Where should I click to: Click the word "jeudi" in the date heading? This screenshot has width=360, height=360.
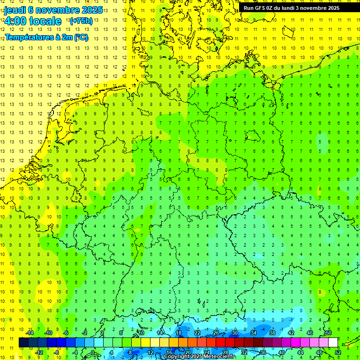(15, 10)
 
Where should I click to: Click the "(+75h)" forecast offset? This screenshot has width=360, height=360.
(81, 21)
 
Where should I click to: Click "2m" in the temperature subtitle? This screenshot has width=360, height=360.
(67, 37)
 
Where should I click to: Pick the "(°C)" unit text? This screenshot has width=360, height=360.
(81, 37)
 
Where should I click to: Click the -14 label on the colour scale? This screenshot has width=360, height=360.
(30, 333)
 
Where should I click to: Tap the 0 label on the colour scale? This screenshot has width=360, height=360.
(92, 352)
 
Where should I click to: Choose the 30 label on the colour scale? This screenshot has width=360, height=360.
(235, 333)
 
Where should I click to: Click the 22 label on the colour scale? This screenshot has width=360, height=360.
(197, 333)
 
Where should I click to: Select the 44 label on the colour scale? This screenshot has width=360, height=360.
(300, 352)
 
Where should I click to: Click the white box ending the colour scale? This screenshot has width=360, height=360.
(333, 343)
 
